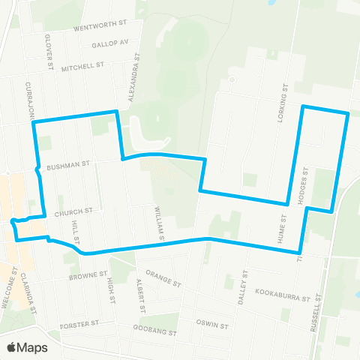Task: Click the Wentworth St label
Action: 102,28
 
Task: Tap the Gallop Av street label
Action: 111,43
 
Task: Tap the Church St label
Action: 77,211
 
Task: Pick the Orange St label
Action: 164,278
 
